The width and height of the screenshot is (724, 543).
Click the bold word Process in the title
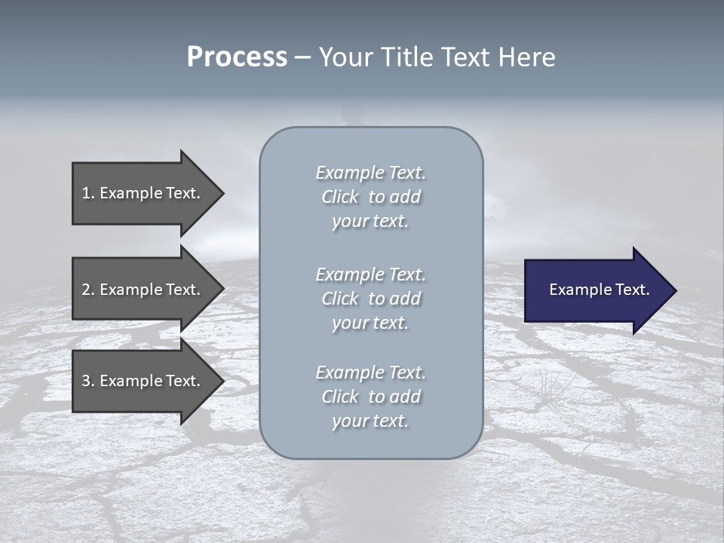pyautogui.click(x=237, y=57)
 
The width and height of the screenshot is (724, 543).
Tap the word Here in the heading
pyautogui.click(x=528, y=57)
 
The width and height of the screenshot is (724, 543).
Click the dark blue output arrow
pyautogui.click(x=596, y=290)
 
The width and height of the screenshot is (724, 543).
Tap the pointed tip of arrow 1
pyautogui.click(x=222, y=193)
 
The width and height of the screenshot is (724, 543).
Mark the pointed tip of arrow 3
pyautogui.click(x=222, y=381)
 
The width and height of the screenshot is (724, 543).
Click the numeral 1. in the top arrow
pyautogui.click(x=87, y=193)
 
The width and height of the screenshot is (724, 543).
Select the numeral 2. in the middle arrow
pyautogui.click(x=87, y=290)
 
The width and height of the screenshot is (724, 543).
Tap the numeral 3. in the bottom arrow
pyautogui.click(x=87, y=381)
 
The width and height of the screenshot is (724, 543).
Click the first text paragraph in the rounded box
pyautogui.click(x=370, y=197)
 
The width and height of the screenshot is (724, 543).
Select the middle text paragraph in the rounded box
pyautogui.click(x=370, y=299)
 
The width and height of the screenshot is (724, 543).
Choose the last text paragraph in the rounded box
pyautogui.click(x=370, y=397)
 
